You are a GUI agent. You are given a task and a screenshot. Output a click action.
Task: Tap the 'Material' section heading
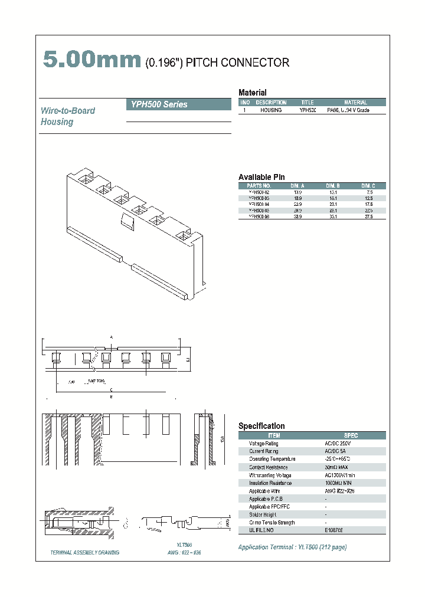(x=252, y=93)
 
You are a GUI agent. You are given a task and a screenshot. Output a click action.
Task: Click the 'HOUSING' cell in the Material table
(x=271, y=110)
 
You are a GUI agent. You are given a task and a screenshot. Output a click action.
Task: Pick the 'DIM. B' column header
(x=333, y=186)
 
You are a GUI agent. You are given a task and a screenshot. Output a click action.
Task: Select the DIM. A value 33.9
(x=297, y=217)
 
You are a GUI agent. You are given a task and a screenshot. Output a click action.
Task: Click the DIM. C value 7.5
(x=370, y=192)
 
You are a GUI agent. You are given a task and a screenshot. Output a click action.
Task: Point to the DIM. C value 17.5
(x=369, y=205)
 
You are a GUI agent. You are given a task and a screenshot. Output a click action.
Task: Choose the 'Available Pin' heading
(x=261, y=177)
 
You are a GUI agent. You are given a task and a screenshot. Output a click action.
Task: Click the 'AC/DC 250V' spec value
(x=338, y=444)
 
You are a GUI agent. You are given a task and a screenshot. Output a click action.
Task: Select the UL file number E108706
(x=334, y=530)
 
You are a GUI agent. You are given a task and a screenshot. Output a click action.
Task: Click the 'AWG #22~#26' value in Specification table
(x=339, y=491)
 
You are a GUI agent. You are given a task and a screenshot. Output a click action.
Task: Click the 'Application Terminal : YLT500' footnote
(x=292, y=547)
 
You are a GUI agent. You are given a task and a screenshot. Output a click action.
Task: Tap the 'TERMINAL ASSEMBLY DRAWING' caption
(x=85, y=553)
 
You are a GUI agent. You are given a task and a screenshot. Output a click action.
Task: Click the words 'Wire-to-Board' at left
(x=68, y=111)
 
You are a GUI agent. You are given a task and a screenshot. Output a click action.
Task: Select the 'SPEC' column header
(x=350, y=435)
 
